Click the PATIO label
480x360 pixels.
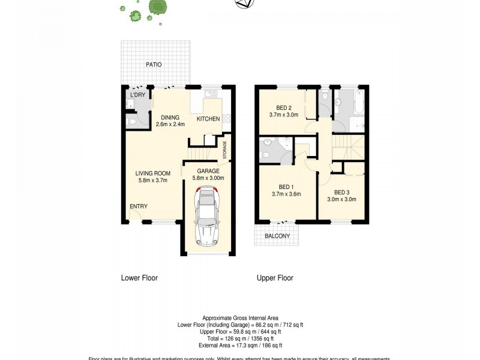coord(153,65)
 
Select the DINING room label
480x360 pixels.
coord(170,117)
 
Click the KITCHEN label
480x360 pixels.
coord(208,119)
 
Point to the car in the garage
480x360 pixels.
coord(206,215)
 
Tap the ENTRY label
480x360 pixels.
coord(139,206)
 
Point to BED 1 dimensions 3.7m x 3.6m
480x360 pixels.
coord(286,194)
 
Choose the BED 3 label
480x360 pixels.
coord(342,192)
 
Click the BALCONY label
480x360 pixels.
coord(277,236)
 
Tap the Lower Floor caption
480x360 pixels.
coord(139,278)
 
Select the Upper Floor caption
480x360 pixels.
coord(275,278)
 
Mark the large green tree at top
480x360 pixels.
coord(158,7)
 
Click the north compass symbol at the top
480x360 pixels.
coord(244,4)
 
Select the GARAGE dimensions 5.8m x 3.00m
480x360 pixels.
coord(208,178)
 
